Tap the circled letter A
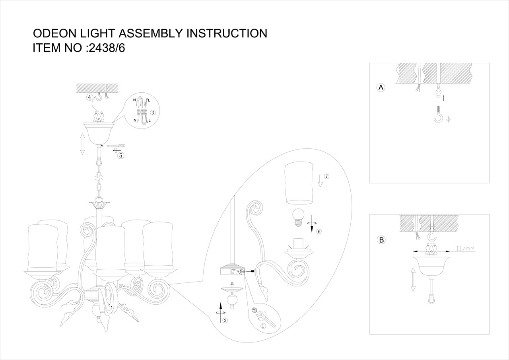point(381,88)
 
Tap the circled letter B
point(381,240)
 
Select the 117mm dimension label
point(465,249)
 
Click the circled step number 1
point(262,325)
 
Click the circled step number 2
point(225,320)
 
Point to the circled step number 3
point(152,113)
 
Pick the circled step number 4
point(90,97)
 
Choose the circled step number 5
point(120,155)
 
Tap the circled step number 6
point(319,232)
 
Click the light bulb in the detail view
point(297,217)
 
